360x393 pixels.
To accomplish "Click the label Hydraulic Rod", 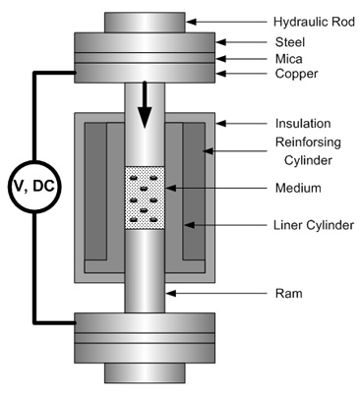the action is (314, 22).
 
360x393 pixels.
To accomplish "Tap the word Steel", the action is (290, 42).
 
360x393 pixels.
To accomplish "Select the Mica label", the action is (289, 59).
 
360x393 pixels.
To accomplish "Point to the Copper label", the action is (296, 74).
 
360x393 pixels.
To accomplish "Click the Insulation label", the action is (303, 124).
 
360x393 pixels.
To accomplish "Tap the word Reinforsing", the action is (308, 142).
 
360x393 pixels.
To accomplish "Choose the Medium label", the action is (298, 188).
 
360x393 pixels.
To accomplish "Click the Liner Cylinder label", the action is (314, 225).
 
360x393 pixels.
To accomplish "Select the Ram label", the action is (288, 293).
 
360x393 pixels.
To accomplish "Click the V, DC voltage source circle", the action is (34, 187).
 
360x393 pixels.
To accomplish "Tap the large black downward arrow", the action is (145, 105).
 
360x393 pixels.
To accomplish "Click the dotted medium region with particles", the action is (145, 197).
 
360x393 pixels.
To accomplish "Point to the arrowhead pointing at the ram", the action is (171, 293).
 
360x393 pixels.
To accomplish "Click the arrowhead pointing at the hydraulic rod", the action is (191, 22).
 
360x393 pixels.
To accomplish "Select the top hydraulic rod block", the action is (145, 23).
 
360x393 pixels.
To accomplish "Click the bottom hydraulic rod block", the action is (145, 373).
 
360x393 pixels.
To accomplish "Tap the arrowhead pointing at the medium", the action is (170, 188).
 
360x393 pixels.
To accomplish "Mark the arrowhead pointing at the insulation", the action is (221, 124).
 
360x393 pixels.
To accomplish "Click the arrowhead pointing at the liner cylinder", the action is (190, 225).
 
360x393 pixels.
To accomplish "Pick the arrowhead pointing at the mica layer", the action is (221, 59).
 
